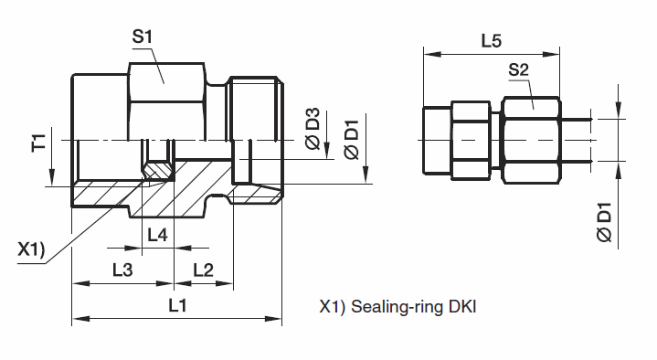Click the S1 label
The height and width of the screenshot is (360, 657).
point(142,37)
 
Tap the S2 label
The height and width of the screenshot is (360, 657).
point(519,69)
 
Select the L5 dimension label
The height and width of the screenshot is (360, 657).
point(491,41)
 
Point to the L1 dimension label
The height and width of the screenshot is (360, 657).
point(177,305)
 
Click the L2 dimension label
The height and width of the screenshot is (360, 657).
point(203,270)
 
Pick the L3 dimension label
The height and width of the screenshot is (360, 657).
point(122,270)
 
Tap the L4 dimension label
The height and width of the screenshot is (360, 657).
point(157,235)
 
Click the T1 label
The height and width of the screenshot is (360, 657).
point(38,143)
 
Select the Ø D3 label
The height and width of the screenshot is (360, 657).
point(313,129)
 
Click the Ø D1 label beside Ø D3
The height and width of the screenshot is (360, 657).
point(352,140)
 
